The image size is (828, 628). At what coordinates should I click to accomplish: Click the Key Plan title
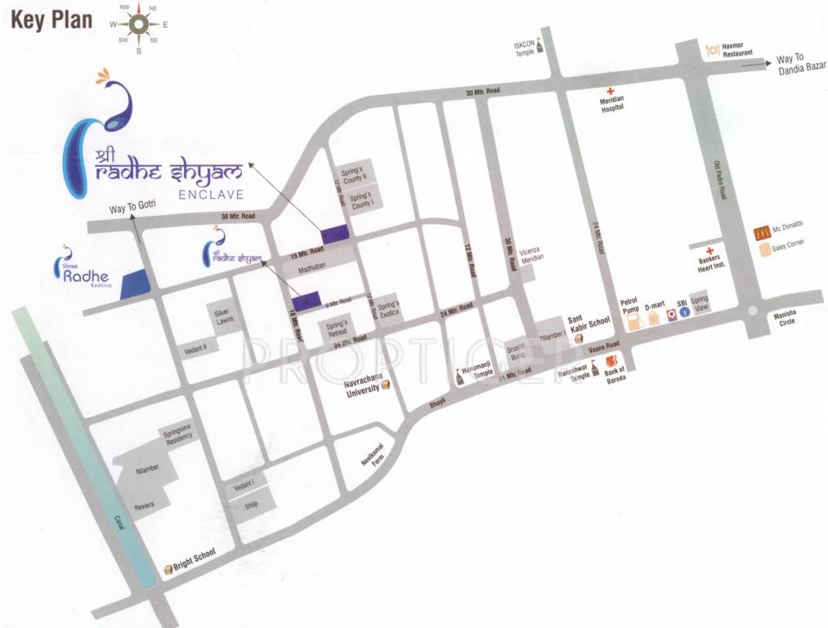pyautogui.click(x=51, y=20)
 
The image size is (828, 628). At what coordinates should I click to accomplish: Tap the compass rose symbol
pyautogui.click(x=138, y=25)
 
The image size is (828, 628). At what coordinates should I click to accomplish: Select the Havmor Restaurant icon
pyautogui.click(x=713, y=49)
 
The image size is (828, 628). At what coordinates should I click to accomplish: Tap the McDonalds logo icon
pyautogui.click(x=762, y=232)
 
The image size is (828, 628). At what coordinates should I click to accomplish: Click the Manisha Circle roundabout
pyautogui.click(x=750, y=311)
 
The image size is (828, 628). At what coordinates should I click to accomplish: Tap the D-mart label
pyautogui.click(x=655, y=305)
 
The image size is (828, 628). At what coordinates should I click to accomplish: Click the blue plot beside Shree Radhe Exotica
pyautogui.click(x=135, y=283)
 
